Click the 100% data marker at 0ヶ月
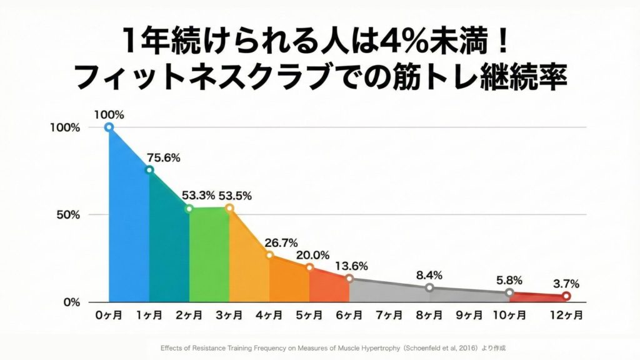click(109, 127)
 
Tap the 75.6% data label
click(163, 158)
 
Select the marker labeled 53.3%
click(189, 209)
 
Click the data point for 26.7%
click(269, 255)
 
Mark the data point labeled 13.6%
click(349, 279)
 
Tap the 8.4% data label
click(429, 275)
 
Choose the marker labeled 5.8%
click(509, 292)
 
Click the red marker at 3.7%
click(566, 296)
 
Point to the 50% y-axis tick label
click(67, 215)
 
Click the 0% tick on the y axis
click(71, 302)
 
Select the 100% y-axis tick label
click(65, 127)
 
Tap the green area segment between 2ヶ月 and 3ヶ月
click(209, 256)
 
